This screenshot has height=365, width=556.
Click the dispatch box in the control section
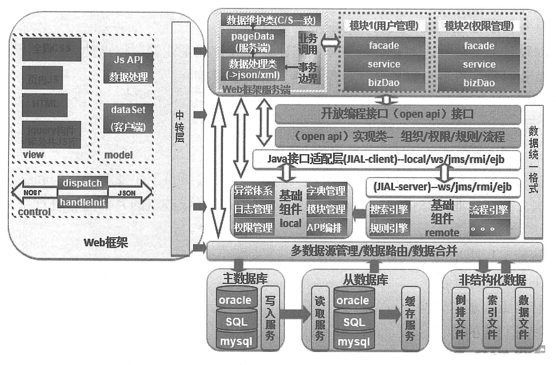pyautogui.click(x=82, y=183)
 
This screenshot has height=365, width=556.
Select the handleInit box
pyautogui.click(x=82, y=202)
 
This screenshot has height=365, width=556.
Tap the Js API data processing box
pyautogui.click(x=128, y=69)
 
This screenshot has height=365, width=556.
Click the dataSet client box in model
pyautogui.click(x=128, y=118)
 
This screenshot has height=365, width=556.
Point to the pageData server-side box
pyautogui.click(x=253, y=42)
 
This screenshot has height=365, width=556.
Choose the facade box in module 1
pyautogui.click(x=384, y=46)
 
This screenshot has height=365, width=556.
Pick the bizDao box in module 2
pyautogui.click(x=479, y=83)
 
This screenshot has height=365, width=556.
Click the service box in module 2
pyautogui.click(x=479, y=64)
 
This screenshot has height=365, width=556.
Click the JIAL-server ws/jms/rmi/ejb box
pyautogui.click(x=442, y=187)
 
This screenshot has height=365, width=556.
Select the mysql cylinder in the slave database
pyautogui.click(x=354, y=341)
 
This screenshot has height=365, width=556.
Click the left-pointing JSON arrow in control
pyautogui.click(x=33, y=193)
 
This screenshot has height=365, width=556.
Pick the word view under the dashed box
pyautogui.click(x=33, y=154)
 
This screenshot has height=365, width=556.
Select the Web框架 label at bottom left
pyautogui.click(x=106, y=242)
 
